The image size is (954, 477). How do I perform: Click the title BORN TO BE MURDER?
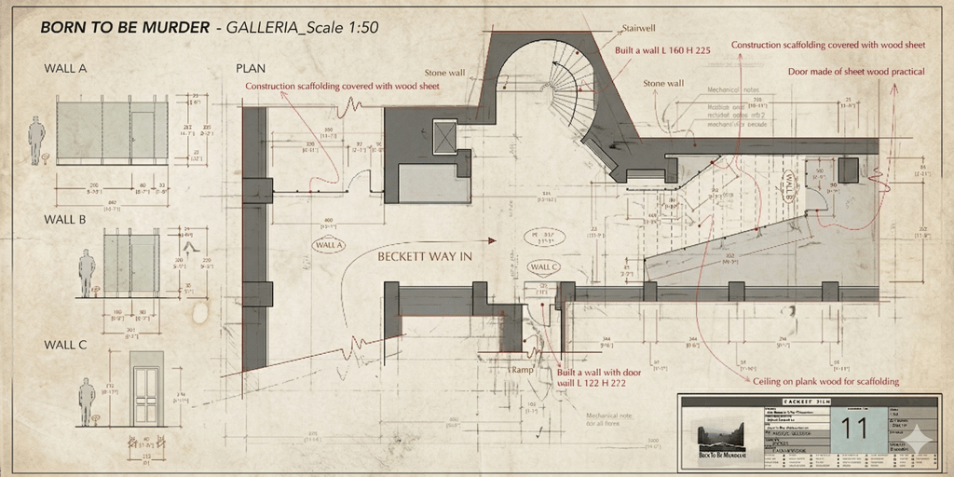coord(125,27)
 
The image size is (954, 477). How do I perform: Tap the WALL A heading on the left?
coord(65,68)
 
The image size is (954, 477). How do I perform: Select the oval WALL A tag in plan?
coord(328,245)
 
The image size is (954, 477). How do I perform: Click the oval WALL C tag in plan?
coord(544,267)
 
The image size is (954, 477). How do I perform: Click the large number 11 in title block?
coord(853,428)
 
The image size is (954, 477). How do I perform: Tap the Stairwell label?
coord(641,29)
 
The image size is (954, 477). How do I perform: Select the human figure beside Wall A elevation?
coord(36,140)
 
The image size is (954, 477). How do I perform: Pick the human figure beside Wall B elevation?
coord(87,272)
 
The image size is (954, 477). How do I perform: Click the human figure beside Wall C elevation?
coord(87,401)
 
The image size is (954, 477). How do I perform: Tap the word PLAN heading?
coord(252,68)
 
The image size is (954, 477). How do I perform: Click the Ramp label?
coord(522,370)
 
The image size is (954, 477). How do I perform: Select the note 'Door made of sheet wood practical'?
coord(856,71)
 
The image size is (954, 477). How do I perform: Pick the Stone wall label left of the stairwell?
coord(444,72)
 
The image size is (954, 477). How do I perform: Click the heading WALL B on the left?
coord(65,220)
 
